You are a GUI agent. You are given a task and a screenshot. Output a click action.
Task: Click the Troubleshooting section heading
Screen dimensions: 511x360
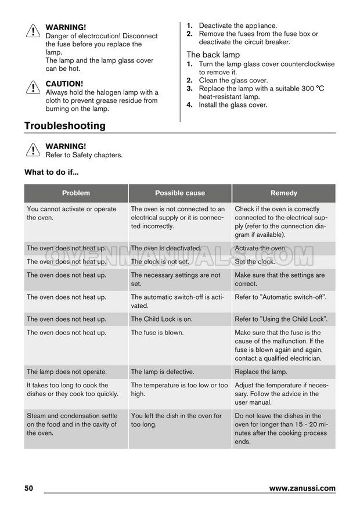[65, 126]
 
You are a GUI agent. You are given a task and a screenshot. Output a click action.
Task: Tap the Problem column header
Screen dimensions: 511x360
[76, 193]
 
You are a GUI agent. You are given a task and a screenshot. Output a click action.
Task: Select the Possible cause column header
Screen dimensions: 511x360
[180, 193]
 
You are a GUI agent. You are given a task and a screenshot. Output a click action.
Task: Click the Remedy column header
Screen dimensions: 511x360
[283, 193]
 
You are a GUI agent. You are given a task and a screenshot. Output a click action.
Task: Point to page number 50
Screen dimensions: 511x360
[29, 488]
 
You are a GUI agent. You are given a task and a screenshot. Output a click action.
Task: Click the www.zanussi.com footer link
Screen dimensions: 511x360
[302, 488]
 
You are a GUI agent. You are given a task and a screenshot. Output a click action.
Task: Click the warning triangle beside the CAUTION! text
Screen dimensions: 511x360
[33, 88]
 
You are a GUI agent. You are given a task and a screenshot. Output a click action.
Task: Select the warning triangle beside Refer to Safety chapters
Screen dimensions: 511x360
[33, 150]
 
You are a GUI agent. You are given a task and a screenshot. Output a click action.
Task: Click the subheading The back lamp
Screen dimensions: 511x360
[213, 55]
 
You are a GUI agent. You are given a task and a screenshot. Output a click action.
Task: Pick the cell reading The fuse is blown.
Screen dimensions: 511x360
[157, 333]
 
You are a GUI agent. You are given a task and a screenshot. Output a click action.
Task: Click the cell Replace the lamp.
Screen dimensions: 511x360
[261, 372]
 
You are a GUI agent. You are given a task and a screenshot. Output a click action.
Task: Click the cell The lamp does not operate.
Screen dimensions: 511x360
[67, 372]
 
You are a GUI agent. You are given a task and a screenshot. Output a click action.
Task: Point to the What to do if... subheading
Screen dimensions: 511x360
[51, 172]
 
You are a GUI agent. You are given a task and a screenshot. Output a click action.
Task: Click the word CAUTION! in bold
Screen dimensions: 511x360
[64, 84]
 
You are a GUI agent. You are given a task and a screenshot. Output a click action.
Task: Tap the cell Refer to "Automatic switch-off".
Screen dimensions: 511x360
[280, 297]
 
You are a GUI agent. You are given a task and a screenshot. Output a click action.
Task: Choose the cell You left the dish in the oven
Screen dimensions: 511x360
[177, 420]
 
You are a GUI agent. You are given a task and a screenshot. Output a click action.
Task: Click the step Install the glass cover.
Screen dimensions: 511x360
[233, 105]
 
